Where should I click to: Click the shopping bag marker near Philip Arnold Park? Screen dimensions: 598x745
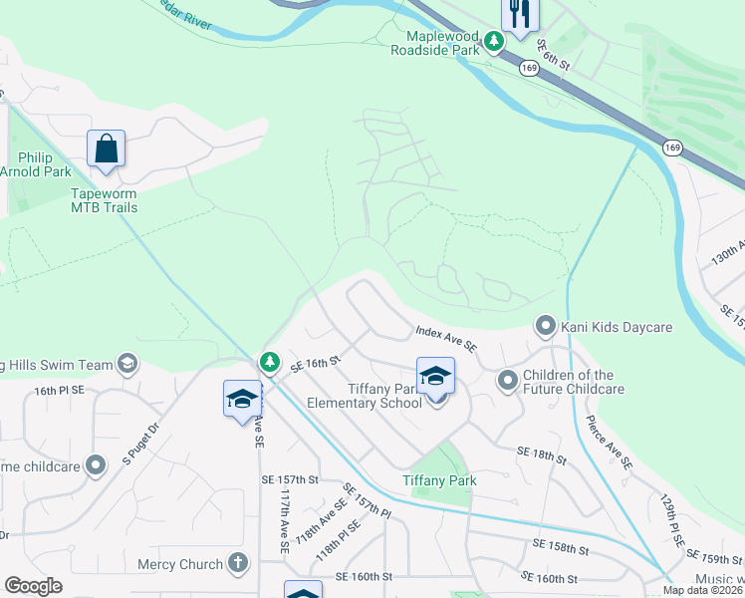[106, 149]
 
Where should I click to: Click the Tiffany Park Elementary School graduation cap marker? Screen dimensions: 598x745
[435, 377]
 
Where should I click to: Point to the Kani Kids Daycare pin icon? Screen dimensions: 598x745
[545, 326]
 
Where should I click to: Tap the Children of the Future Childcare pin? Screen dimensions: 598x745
[507, 379]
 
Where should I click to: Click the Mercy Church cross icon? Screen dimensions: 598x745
[237, 563]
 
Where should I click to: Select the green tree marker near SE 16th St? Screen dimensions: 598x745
[269, 363]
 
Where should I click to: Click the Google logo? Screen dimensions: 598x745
[34, 586]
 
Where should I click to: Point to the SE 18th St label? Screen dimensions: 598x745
[541, 454]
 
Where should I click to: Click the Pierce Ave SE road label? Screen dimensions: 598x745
[609, 443]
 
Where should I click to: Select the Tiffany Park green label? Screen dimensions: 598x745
[439, 480]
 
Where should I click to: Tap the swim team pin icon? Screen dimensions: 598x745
[126, 363]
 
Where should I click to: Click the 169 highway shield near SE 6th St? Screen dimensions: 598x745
[529, 68]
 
